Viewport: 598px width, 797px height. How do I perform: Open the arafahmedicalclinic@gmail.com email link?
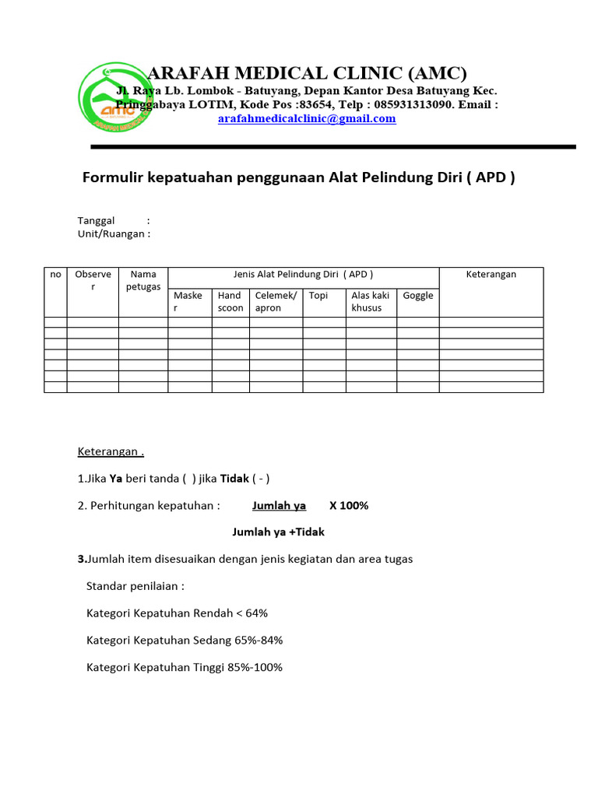[307, 118]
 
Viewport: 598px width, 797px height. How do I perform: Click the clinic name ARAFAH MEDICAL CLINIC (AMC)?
[307, 73]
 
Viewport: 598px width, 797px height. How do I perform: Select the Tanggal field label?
[96, 221]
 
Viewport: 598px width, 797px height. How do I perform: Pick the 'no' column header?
[55, 274]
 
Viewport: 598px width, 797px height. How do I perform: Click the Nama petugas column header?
[143, 280]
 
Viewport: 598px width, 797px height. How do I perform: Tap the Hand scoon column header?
[230, 301]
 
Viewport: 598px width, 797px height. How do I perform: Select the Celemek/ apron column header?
[276, 301]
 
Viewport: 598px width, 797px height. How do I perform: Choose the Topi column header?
[318, 296]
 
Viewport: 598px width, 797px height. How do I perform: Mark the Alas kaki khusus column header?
[371, 301]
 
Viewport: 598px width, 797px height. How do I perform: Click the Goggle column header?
[418, 296]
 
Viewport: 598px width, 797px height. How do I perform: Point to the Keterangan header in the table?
[491, 274]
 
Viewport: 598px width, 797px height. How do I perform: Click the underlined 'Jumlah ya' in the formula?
[279, 506]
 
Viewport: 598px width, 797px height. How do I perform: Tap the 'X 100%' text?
[349, 506]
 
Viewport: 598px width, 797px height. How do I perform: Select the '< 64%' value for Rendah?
[252, 613]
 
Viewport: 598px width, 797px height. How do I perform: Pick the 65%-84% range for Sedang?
[259, 641]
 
